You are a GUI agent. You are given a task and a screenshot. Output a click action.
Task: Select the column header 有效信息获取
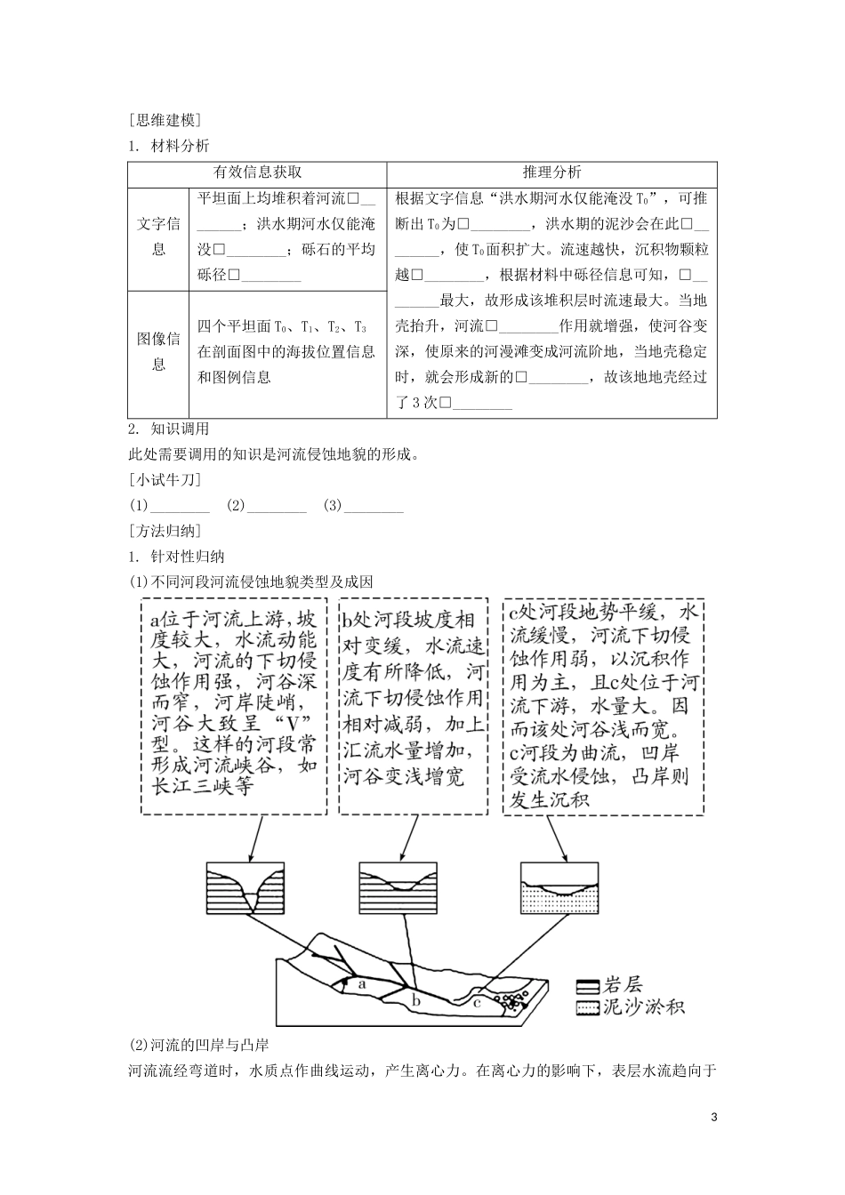point(257,172)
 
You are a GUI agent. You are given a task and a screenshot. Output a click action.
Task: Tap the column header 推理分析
point(551,172)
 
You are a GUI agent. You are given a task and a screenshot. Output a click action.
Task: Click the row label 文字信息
point(158,236)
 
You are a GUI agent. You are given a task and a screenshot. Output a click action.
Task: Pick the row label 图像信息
point(158,351)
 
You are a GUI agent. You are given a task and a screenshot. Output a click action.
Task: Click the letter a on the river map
point(361,984)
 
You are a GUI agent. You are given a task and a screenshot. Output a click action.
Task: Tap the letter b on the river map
point(415,1000)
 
